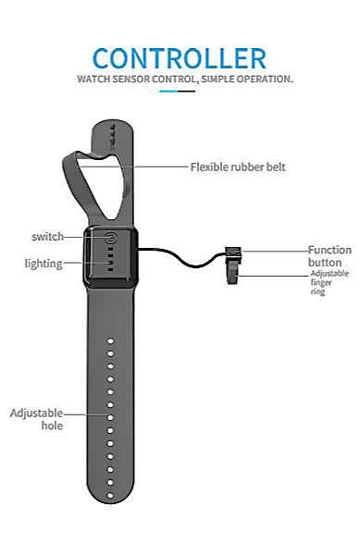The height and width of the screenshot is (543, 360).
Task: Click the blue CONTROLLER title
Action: coord(180,58)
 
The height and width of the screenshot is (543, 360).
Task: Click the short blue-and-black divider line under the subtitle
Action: coord(177,92)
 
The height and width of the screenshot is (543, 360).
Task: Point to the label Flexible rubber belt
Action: coord(238,167)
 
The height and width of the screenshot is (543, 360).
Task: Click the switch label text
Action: coord(48,237)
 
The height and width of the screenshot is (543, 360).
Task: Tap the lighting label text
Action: coord(43,264)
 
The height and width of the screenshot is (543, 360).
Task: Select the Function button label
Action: coord(329,256)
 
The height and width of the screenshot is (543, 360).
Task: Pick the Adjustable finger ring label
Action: coord(329,282)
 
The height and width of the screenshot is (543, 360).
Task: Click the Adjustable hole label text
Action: coord(37,419)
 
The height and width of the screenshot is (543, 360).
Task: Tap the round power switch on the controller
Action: coord(111,238)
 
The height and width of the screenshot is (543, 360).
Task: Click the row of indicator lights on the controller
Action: coord(110,259)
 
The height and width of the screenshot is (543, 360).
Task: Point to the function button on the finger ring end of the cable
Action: coord(233,252)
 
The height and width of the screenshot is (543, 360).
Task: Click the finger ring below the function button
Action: coord(234,272)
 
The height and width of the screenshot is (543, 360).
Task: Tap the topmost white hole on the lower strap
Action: coord(110,341)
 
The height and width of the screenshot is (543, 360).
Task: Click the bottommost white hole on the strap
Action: coord(110,496)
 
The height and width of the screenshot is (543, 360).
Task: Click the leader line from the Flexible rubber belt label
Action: coord(133,167)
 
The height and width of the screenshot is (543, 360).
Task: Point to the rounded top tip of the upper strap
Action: coord(112,121)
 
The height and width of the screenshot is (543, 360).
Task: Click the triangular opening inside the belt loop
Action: coord(102,183)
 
